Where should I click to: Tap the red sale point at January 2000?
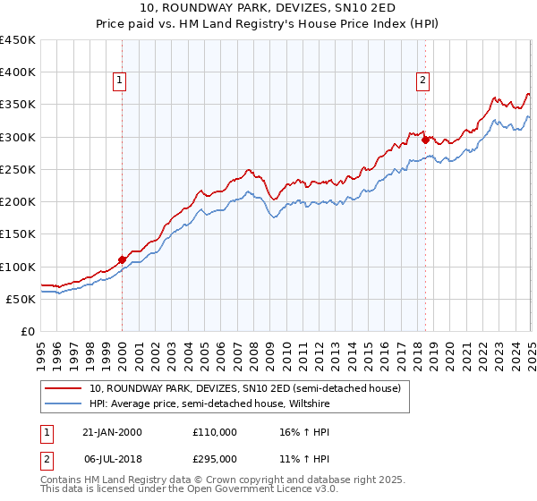[x=122, y=259]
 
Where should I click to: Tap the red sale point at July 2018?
[x=425, y=139]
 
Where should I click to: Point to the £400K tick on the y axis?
[x=18, y=72]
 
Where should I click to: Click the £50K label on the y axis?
[x=21, y=299]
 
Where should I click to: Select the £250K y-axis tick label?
[x=18, y=169]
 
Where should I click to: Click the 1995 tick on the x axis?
[x=41, y=349]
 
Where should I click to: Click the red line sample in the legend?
[x=64, y=388]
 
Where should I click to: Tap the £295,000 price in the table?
[x=215, y=458]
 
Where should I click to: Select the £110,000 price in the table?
[x=215, y=432]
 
